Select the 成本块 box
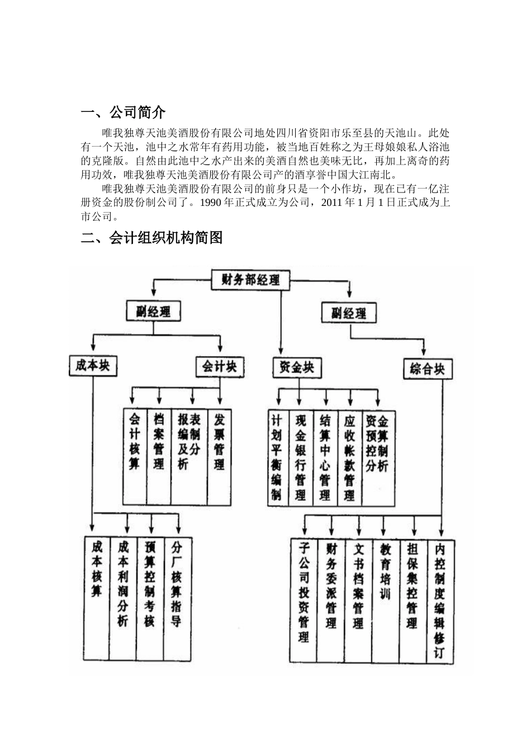click(93, 366)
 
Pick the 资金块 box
click(296, 368)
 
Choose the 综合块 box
click(427, 369)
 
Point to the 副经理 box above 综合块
click(348, 313)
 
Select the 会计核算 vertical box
click(135, 442)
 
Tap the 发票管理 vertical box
click(219, 442)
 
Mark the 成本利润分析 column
click(123, 585)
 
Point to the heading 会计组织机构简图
click(166, 238)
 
